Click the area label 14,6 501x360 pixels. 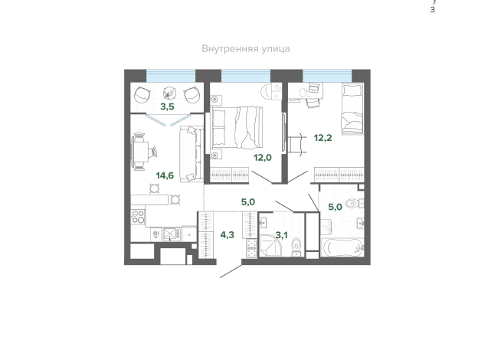point(165,175)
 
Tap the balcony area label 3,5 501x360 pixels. point(167,106)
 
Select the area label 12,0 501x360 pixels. point(263,158)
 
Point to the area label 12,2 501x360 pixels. point(323,138)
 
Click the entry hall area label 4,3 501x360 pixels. point(228,235)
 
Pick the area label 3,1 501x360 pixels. point(281,235)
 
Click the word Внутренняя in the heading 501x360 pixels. point(230,49)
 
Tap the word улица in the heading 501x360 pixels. point(276,49)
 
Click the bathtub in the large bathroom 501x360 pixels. point(342,247)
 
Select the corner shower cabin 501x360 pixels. point(270,245)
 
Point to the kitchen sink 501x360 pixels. point(172,234)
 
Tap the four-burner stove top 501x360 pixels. point(138,216)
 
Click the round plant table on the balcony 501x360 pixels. point(169,93)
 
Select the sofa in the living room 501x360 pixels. point(192,154)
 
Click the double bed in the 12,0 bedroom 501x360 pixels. point(236,127)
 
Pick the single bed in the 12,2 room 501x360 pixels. point(352,109)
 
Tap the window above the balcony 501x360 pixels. point(171,76)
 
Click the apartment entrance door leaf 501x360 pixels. point(231,271)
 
